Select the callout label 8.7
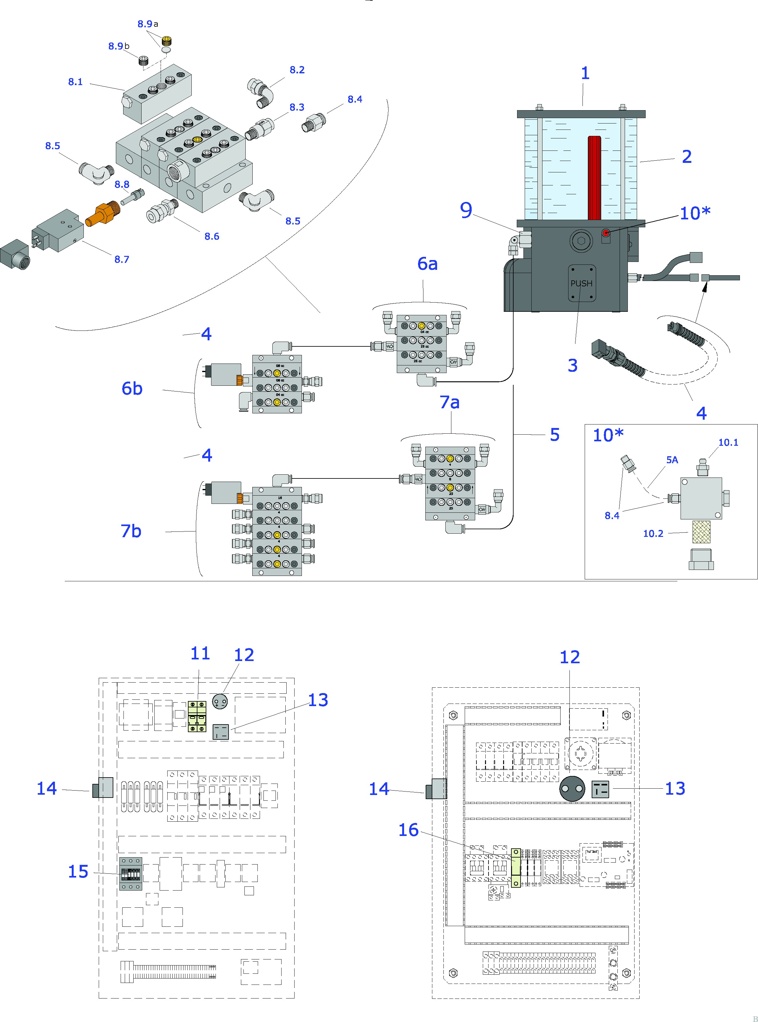pyautogui.click(x=122, y=259)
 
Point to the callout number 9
pyautogui.click(x=466, y=210)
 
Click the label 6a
pyautogui.click(x=427, y=264)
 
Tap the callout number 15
pyautogui.click(x=78, y=872)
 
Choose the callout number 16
pyautogui.click(x=408, y=830)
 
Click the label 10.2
pyautogui.click(x=653, y=533)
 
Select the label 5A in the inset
pyautogui.click(x=672, y=460)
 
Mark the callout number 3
pyautogui.click(x=572, y=365)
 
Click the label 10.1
pyautogui.click(x=728, y=442)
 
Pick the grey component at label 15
pyautogui.click(x=131, y=874)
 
